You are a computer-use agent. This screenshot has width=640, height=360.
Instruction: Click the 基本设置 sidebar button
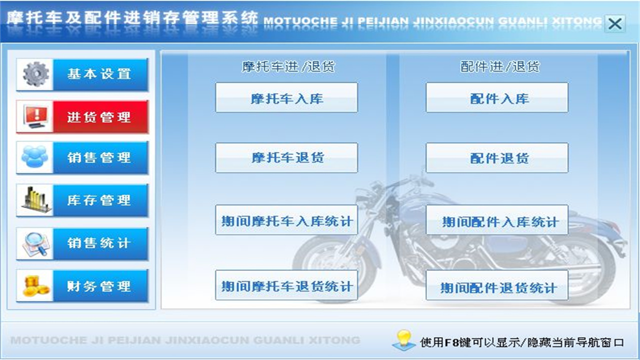click(99, 74)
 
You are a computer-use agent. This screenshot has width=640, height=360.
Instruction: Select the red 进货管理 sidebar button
click(99, 117)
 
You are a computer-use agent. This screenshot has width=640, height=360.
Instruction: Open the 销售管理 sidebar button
click(99, 158)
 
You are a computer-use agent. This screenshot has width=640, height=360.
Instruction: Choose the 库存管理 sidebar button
click(99, 200)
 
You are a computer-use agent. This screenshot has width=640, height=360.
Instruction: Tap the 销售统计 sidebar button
click(99, 243)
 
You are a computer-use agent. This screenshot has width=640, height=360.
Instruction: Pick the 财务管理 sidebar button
click(99, 286)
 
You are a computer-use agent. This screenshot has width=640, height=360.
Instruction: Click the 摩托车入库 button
click(286, 98)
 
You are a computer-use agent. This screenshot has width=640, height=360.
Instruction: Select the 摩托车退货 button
click(286, 158)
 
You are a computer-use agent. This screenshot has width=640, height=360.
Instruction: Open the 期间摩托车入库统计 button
click(286, 220)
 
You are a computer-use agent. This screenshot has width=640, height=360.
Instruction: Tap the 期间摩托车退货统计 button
click(286, 285)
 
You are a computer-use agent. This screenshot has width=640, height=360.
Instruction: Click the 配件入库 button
click(497, 98)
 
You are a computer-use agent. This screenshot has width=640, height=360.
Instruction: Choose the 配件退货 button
click(497, 158)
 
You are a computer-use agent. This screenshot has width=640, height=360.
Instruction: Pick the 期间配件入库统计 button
click(497, 220)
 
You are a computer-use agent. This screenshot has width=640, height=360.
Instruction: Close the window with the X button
click(615, 23)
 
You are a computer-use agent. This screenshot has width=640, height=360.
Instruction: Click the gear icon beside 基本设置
click(35, 74)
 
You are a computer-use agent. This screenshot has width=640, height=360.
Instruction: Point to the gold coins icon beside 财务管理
click(35, 286)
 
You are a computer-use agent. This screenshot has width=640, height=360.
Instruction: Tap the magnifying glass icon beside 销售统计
click(35, 244)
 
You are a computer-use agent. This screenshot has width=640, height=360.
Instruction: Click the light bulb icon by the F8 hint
click(404, 339)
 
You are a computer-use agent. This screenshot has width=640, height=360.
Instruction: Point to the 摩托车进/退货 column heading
click(288, 66)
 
